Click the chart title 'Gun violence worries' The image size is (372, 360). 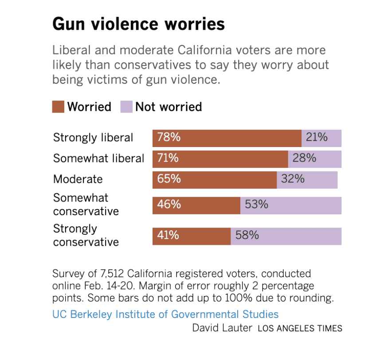138,24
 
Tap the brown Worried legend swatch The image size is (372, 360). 59,107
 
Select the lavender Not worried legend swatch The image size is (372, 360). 126,107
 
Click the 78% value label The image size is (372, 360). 169,138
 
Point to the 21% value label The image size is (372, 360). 317,138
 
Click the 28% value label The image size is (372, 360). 304,158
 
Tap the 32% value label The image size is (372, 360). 293,179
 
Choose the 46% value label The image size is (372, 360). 169,205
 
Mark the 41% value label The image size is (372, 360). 168,236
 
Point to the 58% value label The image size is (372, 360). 247,236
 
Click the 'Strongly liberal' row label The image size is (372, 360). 93,138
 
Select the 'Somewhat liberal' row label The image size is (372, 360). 98,159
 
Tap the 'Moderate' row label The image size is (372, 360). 78,179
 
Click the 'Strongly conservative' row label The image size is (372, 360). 86,236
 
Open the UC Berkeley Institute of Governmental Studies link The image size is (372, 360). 165,314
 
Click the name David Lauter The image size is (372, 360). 222,328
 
